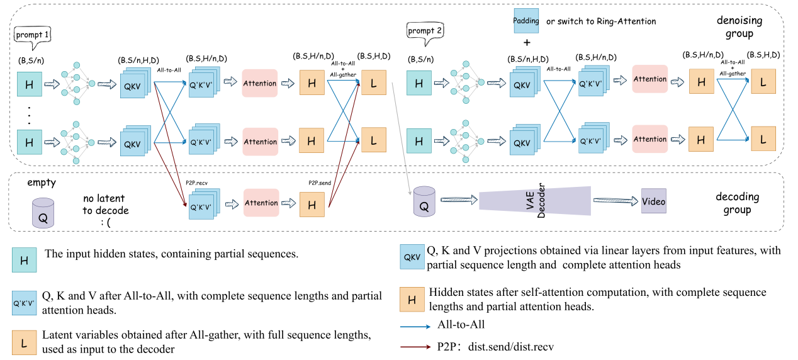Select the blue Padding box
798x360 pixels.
526,21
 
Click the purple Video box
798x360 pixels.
653,201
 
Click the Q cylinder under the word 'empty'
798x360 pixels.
43,212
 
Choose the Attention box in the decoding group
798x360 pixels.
261,203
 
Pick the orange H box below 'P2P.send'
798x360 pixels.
311,203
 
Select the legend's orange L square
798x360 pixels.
24,344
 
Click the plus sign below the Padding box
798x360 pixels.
526,43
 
